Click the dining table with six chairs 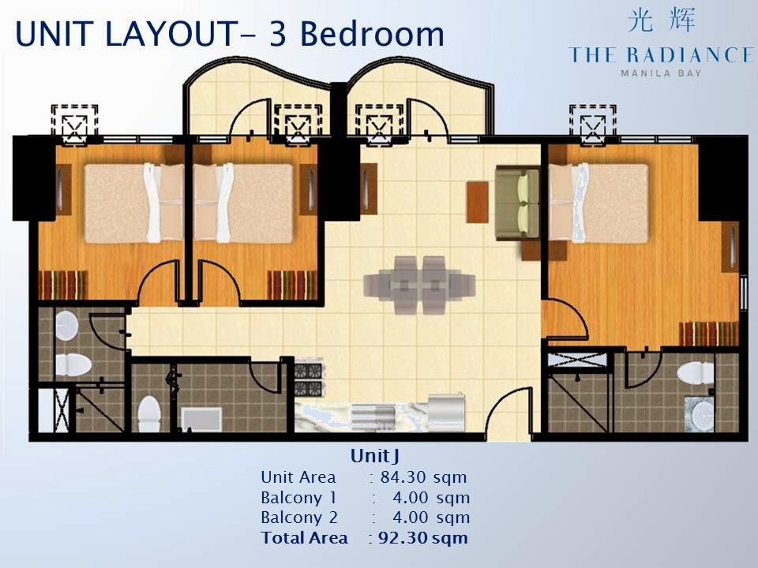pos(419,285)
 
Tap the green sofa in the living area pos(518,203)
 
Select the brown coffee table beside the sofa pos(477,202)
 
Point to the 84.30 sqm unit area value pos(423,477)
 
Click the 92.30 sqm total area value pos(423,537)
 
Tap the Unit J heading pos(374,455)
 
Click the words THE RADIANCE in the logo pos(661,55)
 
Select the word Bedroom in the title pos(371,35)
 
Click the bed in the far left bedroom pos(134,203)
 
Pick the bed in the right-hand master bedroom pos(598,203)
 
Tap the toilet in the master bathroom pos(695,373)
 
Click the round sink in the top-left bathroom pos(66,325)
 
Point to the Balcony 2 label pos(298,518)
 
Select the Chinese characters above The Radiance pos(662,21)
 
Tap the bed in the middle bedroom pos(243,203)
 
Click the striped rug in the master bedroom pos(709,334)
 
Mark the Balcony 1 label pos(298,498)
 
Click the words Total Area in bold pos(304,537)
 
